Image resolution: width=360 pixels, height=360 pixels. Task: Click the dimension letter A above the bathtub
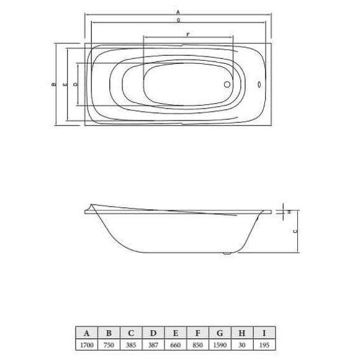(178, 12)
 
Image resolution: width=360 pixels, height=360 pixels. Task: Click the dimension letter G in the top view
(178, 22)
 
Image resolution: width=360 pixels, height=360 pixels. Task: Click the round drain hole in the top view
(226, 85)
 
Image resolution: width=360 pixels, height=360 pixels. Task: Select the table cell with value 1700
(86, 344)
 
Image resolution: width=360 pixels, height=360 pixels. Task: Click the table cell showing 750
(109, 344)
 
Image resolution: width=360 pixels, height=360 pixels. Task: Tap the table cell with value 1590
(220, 344)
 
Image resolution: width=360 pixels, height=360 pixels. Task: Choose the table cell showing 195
(264, 344)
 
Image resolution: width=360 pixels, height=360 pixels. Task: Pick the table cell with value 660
(176, 344)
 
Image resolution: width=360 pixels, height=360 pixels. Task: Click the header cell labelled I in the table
(264, 333)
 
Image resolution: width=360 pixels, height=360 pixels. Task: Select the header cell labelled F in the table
(198, 333)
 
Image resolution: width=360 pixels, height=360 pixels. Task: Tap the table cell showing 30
(242, 344)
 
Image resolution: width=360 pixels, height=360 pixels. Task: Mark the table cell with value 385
(131, 344)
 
